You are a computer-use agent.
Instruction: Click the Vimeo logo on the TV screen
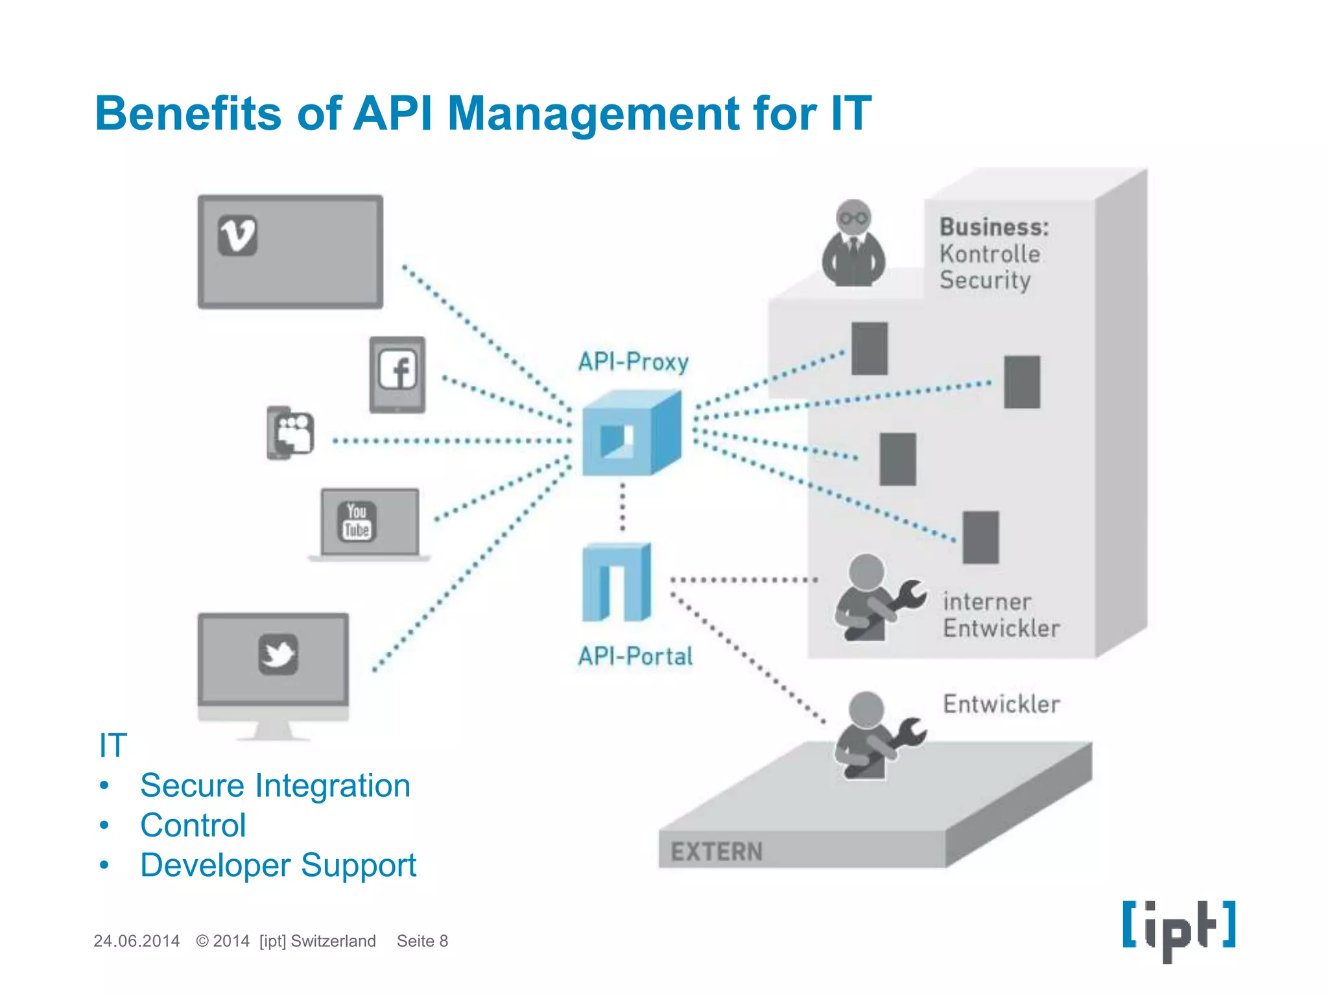[237, 235]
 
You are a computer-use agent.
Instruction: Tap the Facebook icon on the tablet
[397, 371]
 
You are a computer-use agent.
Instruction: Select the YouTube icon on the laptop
[357, 521]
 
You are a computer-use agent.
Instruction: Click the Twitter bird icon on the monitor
[278, 654]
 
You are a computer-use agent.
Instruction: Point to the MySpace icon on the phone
[293, 433]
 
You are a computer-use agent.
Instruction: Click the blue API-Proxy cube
[630, 433]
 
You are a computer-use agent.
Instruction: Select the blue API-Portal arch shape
[616, 582]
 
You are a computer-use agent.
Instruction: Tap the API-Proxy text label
[633, 362]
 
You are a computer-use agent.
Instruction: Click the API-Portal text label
[635, 656]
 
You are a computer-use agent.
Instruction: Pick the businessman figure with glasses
[853, 244]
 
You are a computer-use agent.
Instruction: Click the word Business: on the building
[993, 227]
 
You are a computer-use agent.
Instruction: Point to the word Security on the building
[984, 280]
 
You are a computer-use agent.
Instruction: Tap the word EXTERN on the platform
[717, 851]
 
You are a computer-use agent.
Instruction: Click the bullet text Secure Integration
[275, 785]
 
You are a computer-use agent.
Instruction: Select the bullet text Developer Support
[278, 865]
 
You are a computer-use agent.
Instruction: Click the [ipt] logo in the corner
[1178, 929]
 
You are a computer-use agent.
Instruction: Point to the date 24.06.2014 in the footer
[136, 941]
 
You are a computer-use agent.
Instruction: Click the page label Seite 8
[422, 941]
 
